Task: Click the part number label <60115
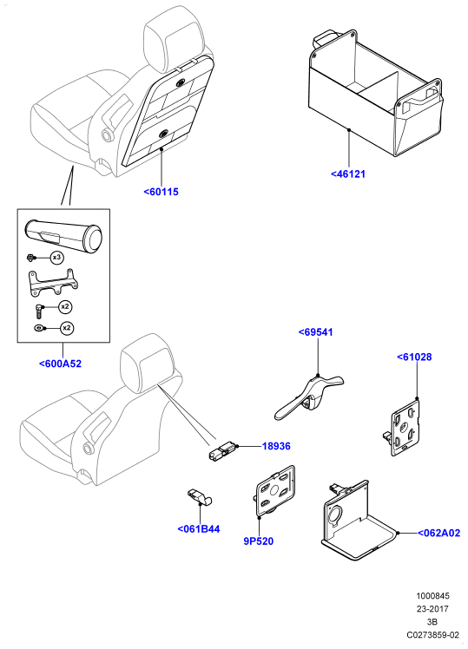coord(161,192)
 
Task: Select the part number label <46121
coord(348,174)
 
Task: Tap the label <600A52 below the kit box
coord(61,364)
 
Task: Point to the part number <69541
coord(315,332)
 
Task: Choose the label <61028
coord(414,357)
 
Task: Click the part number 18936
coord(276,446)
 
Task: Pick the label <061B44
coord(198,529)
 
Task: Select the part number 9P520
coord(259,541)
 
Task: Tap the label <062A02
coord(438,533)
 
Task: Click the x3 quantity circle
coord(56,258)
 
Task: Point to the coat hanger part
coord(310,397)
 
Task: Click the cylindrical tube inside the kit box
coord(63,235)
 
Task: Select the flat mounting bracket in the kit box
coord(52,283)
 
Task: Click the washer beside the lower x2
coord(38,328)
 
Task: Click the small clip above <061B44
coord(199,495)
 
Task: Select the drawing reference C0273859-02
coord(432,634)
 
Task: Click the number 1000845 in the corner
coord(432,596)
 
